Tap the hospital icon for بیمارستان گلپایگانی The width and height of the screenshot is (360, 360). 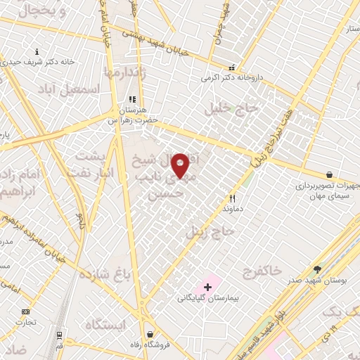[207, 287]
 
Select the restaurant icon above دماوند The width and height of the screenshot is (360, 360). [232, 199]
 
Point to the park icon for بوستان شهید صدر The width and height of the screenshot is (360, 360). [317, 269]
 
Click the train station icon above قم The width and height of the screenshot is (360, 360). [60, 335]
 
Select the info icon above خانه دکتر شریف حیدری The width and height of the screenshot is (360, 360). [37, 51]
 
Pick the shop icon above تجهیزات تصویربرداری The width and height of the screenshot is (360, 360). [329, 175]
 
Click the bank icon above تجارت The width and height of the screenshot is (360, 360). [26, 311]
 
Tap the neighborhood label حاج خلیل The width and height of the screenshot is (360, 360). [232, 109]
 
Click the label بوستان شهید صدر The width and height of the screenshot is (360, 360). [317, 280]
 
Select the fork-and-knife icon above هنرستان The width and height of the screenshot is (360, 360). [131, 100]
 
